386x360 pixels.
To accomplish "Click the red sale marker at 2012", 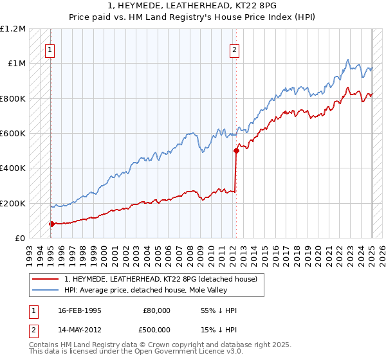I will (236, 151).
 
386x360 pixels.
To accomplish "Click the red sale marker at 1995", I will (51, 224).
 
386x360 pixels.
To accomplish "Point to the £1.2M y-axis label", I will (13, 29).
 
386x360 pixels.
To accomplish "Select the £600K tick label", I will (13, 134).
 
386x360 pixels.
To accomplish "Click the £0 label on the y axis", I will (21, 239).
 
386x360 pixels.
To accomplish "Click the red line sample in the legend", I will (45, 279).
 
